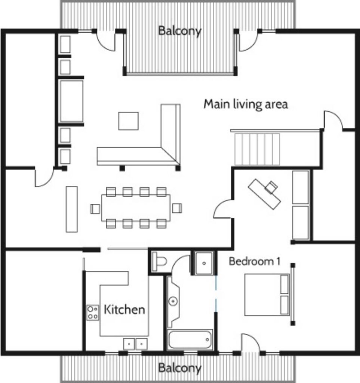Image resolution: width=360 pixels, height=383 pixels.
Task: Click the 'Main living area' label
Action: pyautogui.click(x=246, y=104)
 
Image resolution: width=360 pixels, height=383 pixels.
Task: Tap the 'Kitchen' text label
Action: pyautogui.click(x=124, y=309)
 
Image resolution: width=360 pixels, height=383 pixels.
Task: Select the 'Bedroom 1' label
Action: pyautogui.click(x=254, y=261)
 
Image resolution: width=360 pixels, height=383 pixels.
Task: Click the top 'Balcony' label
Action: pyautogui.click(x=180, y=31)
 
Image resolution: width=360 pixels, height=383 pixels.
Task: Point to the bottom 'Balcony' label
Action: pyautogui.click(x=180, y=368)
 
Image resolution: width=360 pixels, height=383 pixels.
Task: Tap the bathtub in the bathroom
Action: pyautogui.click(x=190, y=339)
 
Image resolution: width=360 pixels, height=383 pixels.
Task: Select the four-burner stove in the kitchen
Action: pyautogui.click(x=93, y=313)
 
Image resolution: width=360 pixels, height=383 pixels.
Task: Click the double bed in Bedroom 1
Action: pyautogui.click(x=267, y=295)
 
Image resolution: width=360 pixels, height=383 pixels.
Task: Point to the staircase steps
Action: pyautogui.click(x=257, y=149)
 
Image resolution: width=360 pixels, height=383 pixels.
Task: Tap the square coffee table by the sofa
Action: pyautogui.click(x=129, y=121)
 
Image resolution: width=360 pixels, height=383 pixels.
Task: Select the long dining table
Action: pyautogui.click(x=136, y=208)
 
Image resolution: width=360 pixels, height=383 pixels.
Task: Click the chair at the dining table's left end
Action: pyautogui.click(x=95, y=209)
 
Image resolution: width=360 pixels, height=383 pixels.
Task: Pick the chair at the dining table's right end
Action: pyautogui.click(x=177, y=208)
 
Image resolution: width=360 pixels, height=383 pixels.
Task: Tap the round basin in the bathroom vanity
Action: pyautogui.click(x=173, y=301)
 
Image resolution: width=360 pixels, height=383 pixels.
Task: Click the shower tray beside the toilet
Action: pyautogui.click(x=204, y=263)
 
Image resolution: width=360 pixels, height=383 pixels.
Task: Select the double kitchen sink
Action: pyautogui.click(x=135, y=344)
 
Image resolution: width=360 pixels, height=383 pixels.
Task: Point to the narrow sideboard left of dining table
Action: pyautogui.click(x=72, y=209)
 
